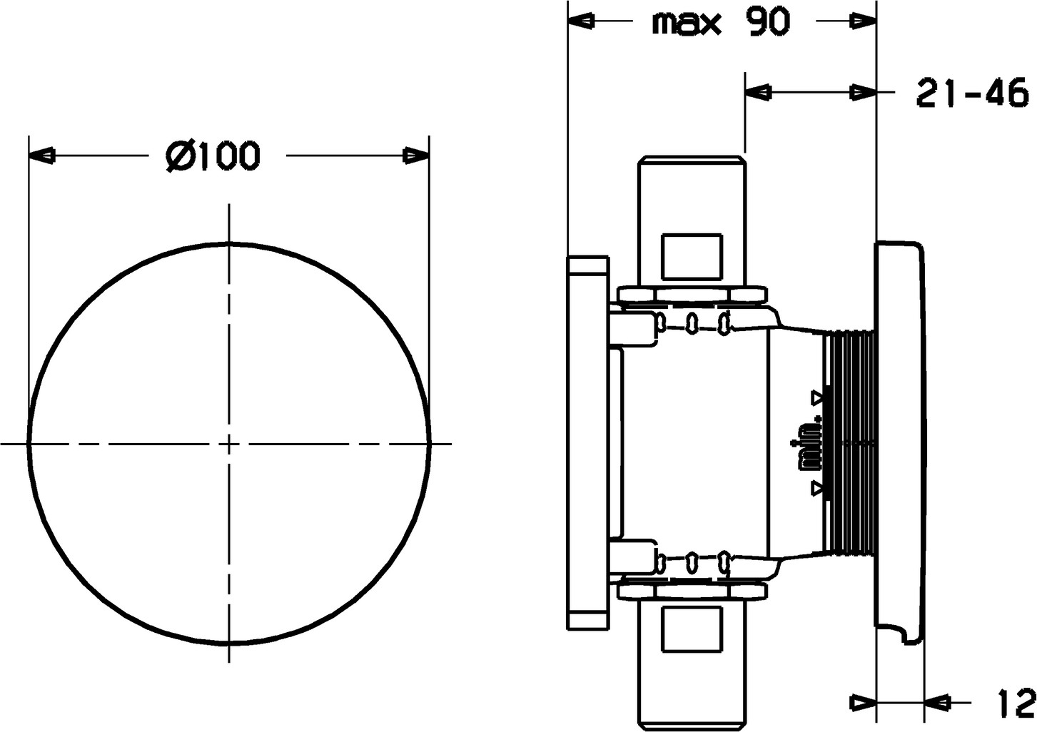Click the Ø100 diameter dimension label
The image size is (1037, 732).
click(x=213, y=156)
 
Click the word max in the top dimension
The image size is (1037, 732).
click(x=687, y=24)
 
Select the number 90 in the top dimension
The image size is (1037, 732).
click(x=767, y=22)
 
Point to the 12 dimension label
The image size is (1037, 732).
click(x=1016, y=702)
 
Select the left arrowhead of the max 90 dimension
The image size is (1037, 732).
click(x=581, y=21)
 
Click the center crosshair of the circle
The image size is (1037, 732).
click(x=228, y=444)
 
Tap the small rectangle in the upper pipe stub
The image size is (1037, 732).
click(x=692, y=257)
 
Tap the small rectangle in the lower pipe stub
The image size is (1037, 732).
click(x=692, y=630)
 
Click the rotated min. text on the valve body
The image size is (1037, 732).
click(x=806, y=444)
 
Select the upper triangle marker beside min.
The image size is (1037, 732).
click(x=816, y=397)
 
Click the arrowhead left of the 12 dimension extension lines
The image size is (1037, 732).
click(x=864, y=703)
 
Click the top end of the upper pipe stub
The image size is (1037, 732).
click(x=692, y=158)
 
